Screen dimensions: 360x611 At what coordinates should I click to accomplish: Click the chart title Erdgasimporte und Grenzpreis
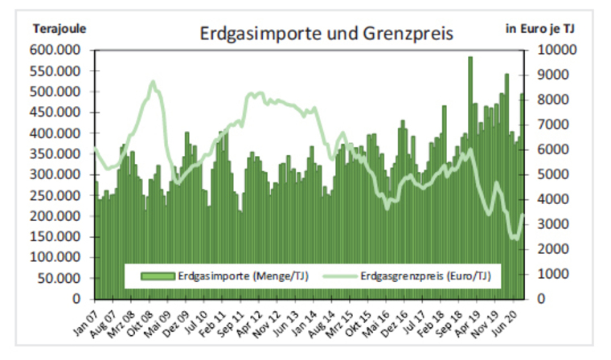coord(326,35)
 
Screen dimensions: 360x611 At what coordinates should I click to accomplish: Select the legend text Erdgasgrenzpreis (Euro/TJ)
coord(426,276)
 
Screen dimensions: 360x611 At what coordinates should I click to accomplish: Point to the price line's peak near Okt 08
coord(152,82)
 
